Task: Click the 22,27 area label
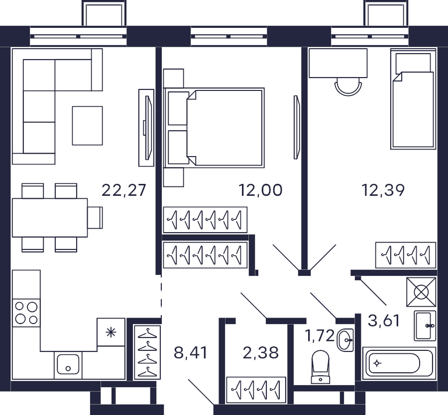pyautogui.click(x=124, y=190)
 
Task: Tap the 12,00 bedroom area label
pyautogui.click(x=260, y=190)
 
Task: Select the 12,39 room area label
pyautogui.click(x=383, y=190)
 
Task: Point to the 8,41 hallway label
pyautogui.click(x=190, y=352)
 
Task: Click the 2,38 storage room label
pyautogui.click(x=260, y=352)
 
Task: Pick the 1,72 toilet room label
pyautogui.click(x=320, y=335)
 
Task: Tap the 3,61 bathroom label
pyautogui.click(x=384, y=321)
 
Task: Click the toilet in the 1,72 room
pyautogui.click(x=320, y=367)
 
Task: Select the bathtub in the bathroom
pyautogui.click(x=399, y=363)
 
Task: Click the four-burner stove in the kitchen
pyautogui.click(x=26, y=313)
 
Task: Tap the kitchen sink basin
pyautogui.click(x=68, y=364)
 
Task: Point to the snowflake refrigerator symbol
pyautogui.click(x=111, y=332)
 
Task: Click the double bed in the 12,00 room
pyautogui.click(x=214, y=128)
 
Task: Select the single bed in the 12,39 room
pyautogui.click(x=413, y=99)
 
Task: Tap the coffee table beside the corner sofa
pyautogui.click(x=88, y=126)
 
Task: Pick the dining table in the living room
pyautogui.click(x=50, y=218)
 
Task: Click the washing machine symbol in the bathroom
pyautogui.click(x=421, y=292)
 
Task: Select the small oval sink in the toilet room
pyautogui.click(x=345, y=340)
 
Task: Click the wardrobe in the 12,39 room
pyautogui.click(x=406, y=255)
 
